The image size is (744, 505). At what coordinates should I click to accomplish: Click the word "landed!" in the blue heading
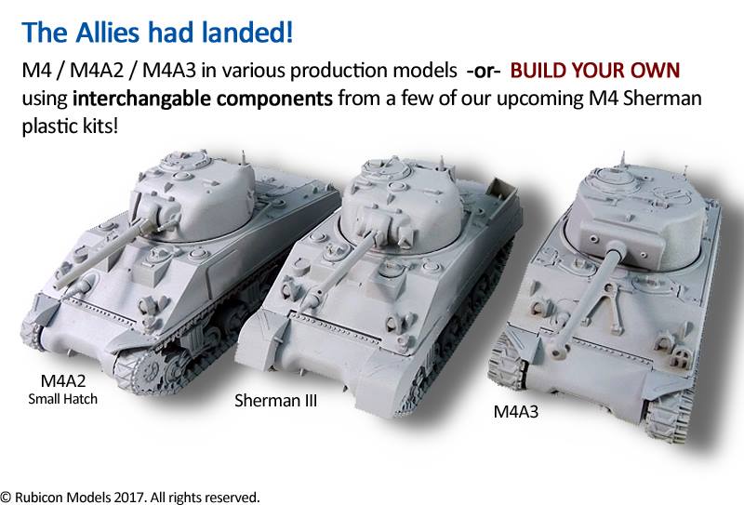pyautogui.click(x=246, y=33)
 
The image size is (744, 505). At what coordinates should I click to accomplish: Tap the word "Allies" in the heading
pyautogui.click(x=107, y=33)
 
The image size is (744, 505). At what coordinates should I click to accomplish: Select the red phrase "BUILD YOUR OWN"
pyautogui.click(x=595, y=71)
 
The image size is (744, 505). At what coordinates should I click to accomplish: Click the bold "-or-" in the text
pyautogui.click(x=484, y=71)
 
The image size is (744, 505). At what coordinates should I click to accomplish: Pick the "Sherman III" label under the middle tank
pyautogui.click(x=275, y=401)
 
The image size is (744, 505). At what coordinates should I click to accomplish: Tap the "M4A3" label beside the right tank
pyautogui.click(x=516, y=411)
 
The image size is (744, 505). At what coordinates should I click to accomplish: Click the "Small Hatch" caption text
pyautogui.click(x=62, y=399)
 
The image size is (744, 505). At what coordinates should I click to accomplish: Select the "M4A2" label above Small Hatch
pyautogui.click(x=63, y=380)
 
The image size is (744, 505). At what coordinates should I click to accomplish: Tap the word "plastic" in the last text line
pyautogui.click(x=49, y=126)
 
